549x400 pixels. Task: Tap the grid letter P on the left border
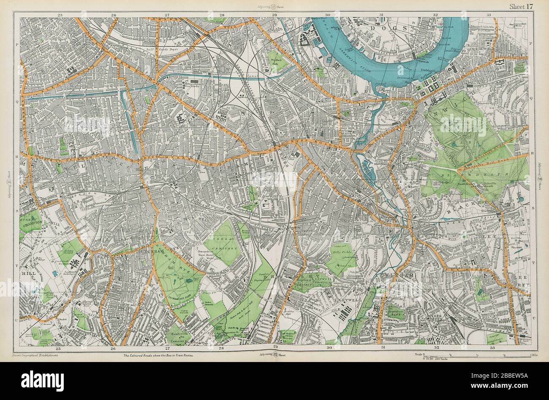click(17, 43)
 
